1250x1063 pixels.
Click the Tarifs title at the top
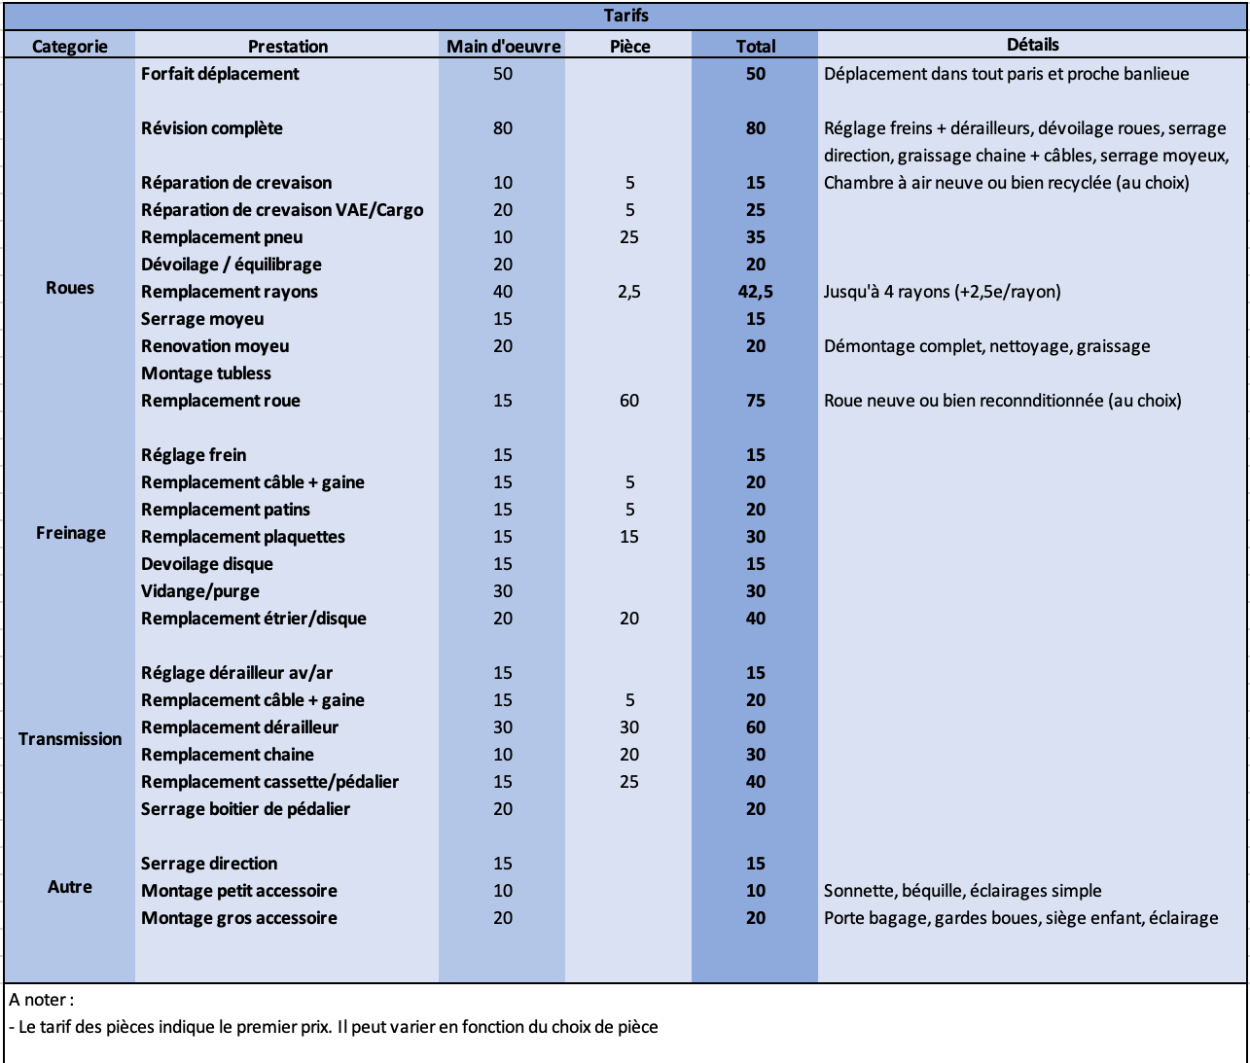click(x=625, y=16)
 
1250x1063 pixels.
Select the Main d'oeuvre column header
click(x=503, y=46)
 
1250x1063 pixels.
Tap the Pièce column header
click(x=629, y=46)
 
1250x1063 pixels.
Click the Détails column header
click(x=1032, y=45)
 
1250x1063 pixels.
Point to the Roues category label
click(x=70, y=288)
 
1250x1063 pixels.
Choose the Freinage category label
click(x=70, y=533)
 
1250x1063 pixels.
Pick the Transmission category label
click(x=70, y=739)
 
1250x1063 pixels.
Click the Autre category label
click(x=70, y=887)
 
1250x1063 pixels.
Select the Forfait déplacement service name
click(x=220, y=74)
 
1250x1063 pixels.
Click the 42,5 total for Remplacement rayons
click(x=756, y=292)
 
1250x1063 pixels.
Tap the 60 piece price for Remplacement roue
click(x=629, y=401)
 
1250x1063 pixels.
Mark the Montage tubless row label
click(x=206, y=373)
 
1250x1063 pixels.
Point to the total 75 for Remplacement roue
click(x=756, y=401)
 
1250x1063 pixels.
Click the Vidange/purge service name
click(x=200, y=591)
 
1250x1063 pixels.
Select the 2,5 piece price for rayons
click(x=629, y=292)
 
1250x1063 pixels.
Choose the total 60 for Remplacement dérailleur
click(x=756, y=727)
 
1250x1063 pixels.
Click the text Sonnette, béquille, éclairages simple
click(x=962, y=891)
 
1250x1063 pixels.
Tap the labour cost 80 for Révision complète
click(x=503, y=128)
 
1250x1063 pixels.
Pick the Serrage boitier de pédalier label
click(x=245, y=809)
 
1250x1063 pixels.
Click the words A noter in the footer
click(x=41, y=1000)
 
